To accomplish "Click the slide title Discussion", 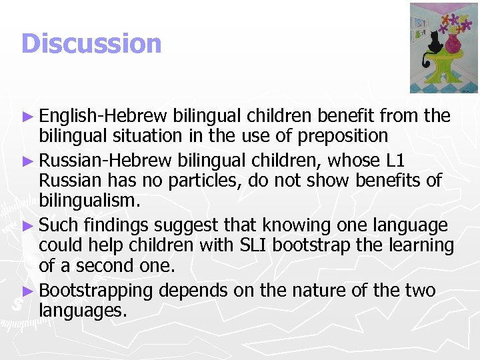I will coord(91,44).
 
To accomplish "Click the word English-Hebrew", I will coord(103,116).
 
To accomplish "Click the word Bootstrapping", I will coord(97,291).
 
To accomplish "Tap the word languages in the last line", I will coord(83,310).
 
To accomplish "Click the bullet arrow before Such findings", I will coord(27,226).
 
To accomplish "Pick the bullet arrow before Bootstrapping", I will coord(27,291).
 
